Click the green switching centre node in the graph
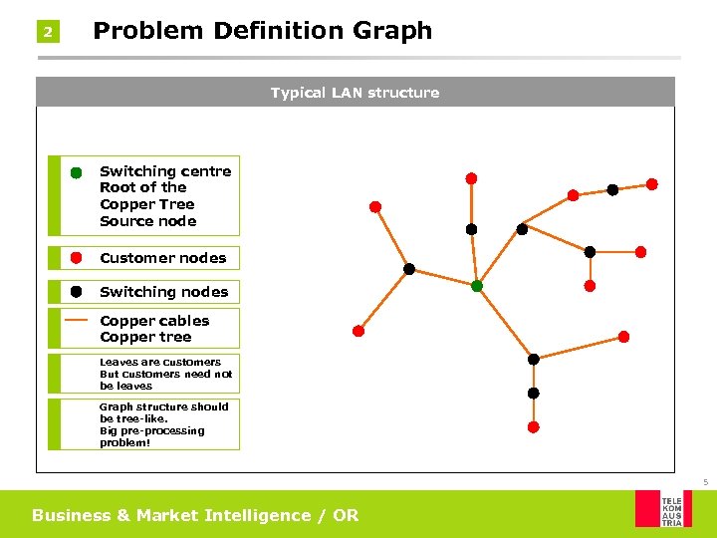[477, 286]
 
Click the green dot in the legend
[76, 172]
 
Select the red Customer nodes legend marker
[76, 257]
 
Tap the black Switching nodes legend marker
[76, 291]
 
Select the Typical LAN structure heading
[355, 93]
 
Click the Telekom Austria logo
[663, 508]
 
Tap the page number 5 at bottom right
[705, 483]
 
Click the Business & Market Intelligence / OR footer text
[195, 515]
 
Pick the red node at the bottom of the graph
[533, 426]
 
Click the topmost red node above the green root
[471, 178]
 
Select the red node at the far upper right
[652, 183]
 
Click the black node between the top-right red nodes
[612, 189]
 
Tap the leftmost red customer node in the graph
[358, 331]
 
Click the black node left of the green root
[409, 269]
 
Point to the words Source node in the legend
[147, 221]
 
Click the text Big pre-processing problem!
[151, 437]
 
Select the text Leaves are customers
[160, 362]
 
